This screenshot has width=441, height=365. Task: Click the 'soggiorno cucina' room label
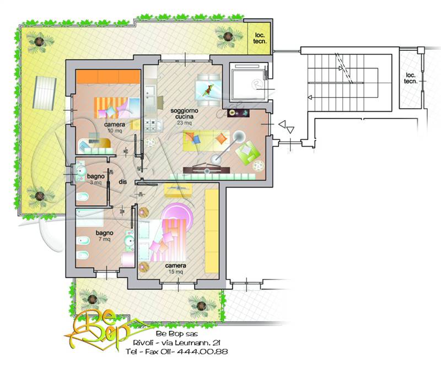(184, 114)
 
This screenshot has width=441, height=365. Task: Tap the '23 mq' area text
(184, 123)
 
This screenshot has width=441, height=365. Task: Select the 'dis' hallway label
(122, 182)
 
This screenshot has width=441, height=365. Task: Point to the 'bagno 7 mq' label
(104, 236)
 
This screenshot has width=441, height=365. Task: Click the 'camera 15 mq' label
(175, 269)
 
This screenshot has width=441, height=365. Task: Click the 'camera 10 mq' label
(115, 127)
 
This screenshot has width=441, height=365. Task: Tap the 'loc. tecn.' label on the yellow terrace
(260, 38)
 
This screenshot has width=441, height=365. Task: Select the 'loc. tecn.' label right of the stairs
(411, 78)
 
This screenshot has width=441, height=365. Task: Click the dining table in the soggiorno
(208, 89)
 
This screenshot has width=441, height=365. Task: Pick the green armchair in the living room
(247, 152)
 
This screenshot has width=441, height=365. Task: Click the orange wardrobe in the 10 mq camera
(108, 77)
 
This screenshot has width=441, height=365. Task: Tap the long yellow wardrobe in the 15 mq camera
(212, 231)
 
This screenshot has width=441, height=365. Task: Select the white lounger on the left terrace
(45, 93)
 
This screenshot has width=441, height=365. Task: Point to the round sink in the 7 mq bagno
(129, 241)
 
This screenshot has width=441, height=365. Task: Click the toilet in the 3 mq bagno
(82, 197)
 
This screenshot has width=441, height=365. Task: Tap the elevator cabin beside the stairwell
(248, 82)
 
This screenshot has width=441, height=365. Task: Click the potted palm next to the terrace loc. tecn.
(228, 36)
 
